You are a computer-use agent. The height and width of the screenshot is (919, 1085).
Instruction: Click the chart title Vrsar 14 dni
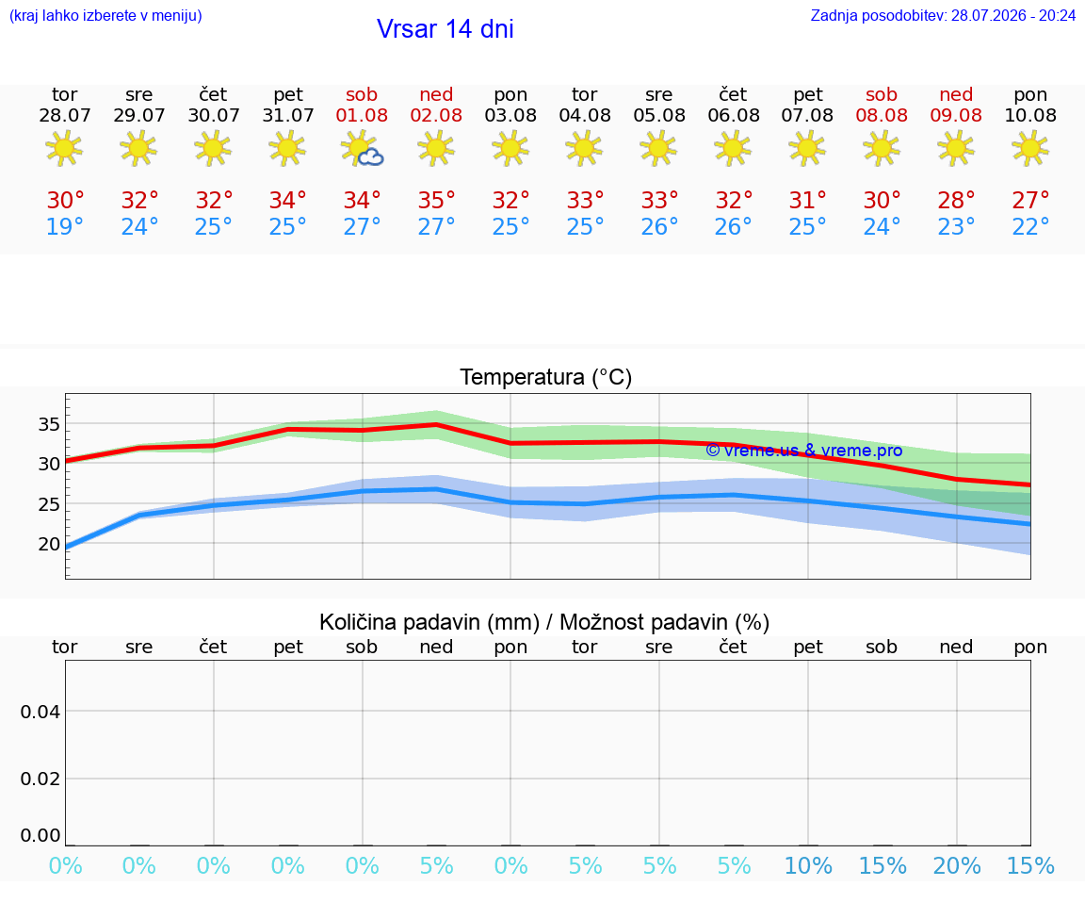tap(445, 29)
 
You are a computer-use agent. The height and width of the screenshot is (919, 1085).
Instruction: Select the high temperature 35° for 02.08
tap(437, 200)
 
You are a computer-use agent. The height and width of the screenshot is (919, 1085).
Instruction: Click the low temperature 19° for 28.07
tap(64, 226)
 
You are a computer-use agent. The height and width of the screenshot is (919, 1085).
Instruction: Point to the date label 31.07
tap(288, 116)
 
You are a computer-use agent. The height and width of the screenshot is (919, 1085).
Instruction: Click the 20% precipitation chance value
tap(956, 865)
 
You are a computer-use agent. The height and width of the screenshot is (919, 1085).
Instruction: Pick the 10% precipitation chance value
tap(808, 865)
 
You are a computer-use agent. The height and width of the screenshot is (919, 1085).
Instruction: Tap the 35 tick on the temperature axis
tap(49, 424)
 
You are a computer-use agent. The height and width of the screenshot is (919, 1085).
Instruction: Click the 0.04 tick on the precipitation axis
tap(40, 712)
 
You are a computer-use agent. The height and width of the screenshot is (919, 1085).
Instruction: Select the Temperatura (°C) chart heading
tap(546, 377)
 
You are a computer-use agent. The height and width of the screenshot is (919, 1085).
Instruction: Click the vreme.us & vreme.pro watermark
tap(804, 451)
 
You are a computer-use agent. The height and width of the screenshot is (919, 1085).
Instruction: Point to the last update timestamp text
tap(943, 15)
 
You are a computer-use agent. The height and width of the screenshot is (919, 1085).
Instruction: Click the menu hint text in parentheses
tap(105, 15)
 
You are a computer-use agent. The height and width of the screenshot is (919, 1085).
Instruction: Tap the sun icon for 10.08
tap(1030, 148)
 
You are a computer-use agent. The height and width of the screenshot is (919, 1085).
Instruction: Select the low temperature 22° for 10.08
tap(1030, 226)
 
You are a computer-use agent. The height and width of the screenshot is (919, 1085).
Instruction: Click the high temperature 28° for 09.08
tap(956, 200)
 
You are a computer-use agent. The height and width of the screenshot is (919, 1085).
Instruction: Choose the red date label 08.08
tap(882, 116)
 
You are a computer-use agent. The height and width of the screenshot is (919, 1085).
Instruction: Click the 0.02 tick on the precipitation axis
tap(40, 779)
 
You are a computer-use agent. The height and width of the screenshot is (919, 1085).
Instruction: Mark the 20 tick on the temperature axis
tap(49, 545)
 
